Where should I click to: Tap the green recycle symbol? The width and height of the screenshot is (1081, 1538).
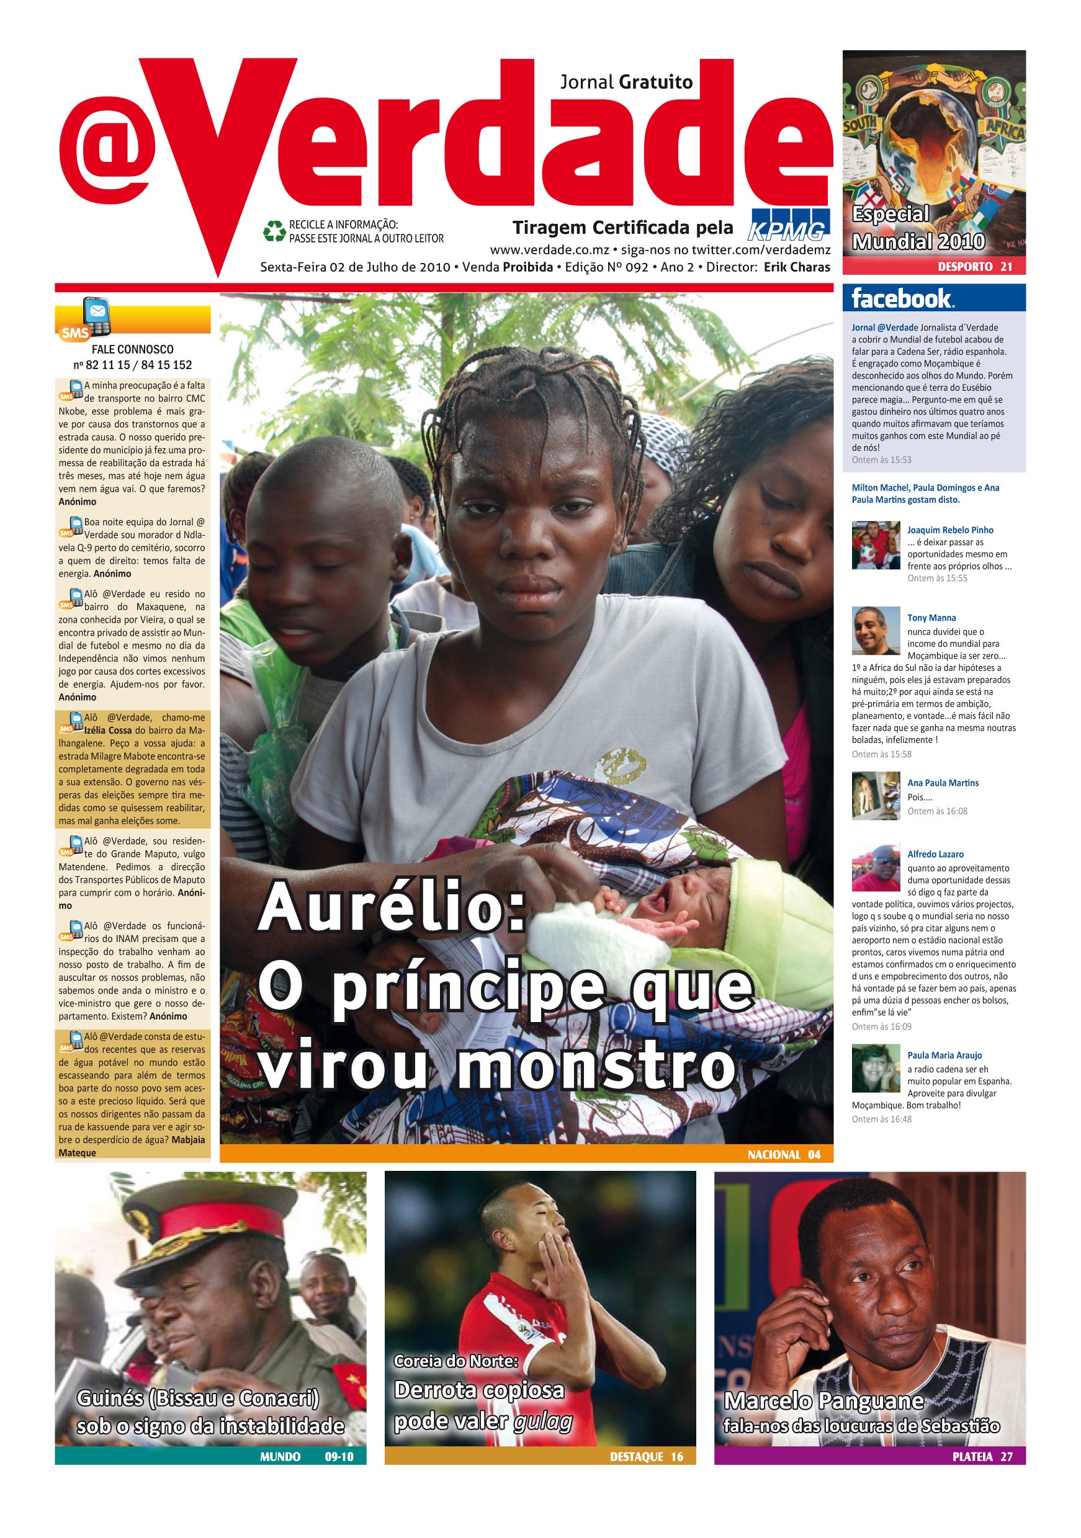coord(274,231)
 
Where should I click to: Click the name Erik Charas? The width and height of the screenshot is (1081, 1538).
coord(796,267)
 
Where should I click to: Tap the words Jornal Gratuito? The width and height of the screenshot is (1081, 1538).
coord(626,82)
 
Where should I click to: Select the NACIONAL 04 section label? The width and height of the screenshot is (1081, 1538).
coord(783,1154)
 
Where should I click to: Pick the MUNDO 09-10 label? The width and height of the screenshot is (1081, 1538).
coord(307,1456)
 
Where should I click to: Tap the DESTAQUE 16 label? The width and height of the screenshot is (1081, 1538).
coord(646,1456)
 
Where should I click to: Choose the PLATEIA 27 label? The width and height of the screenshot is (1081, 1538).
coord(982,1456)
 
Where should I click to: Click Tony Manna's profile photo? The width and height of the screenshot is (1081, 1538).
coord(875,630)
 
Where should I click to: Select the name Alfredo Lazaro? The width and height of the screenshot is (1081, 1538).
coord(935,854)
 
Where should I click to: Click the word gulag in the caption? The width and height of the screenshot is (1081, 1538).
coord(543,1420)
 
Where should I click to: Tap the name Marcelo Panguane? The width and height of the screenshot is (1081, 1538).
coord(823,1400)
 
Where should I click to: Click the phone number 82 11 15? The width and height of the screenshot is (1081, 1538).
coord(107,365)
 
